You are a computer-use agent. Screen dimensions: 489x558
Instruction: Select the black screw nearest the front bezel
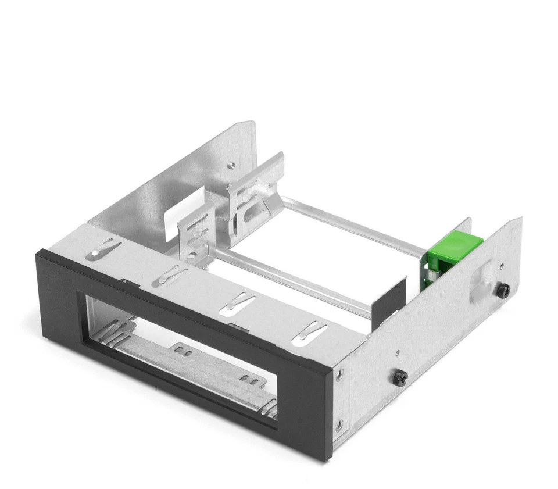[x=400, y=378]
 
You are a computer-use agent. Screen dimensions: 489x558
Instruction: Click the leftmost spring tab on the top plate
[x=102, y=249]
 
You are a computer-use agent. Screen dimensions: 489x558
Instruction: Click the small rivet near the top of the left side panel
[x=232, y=165]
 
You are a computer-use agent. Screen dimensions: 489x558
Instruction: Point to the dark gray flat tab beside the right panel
[x=389, y=299]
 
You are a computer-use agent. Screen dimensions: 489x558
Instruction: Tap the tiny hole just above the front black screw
[x=397, y=352]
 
